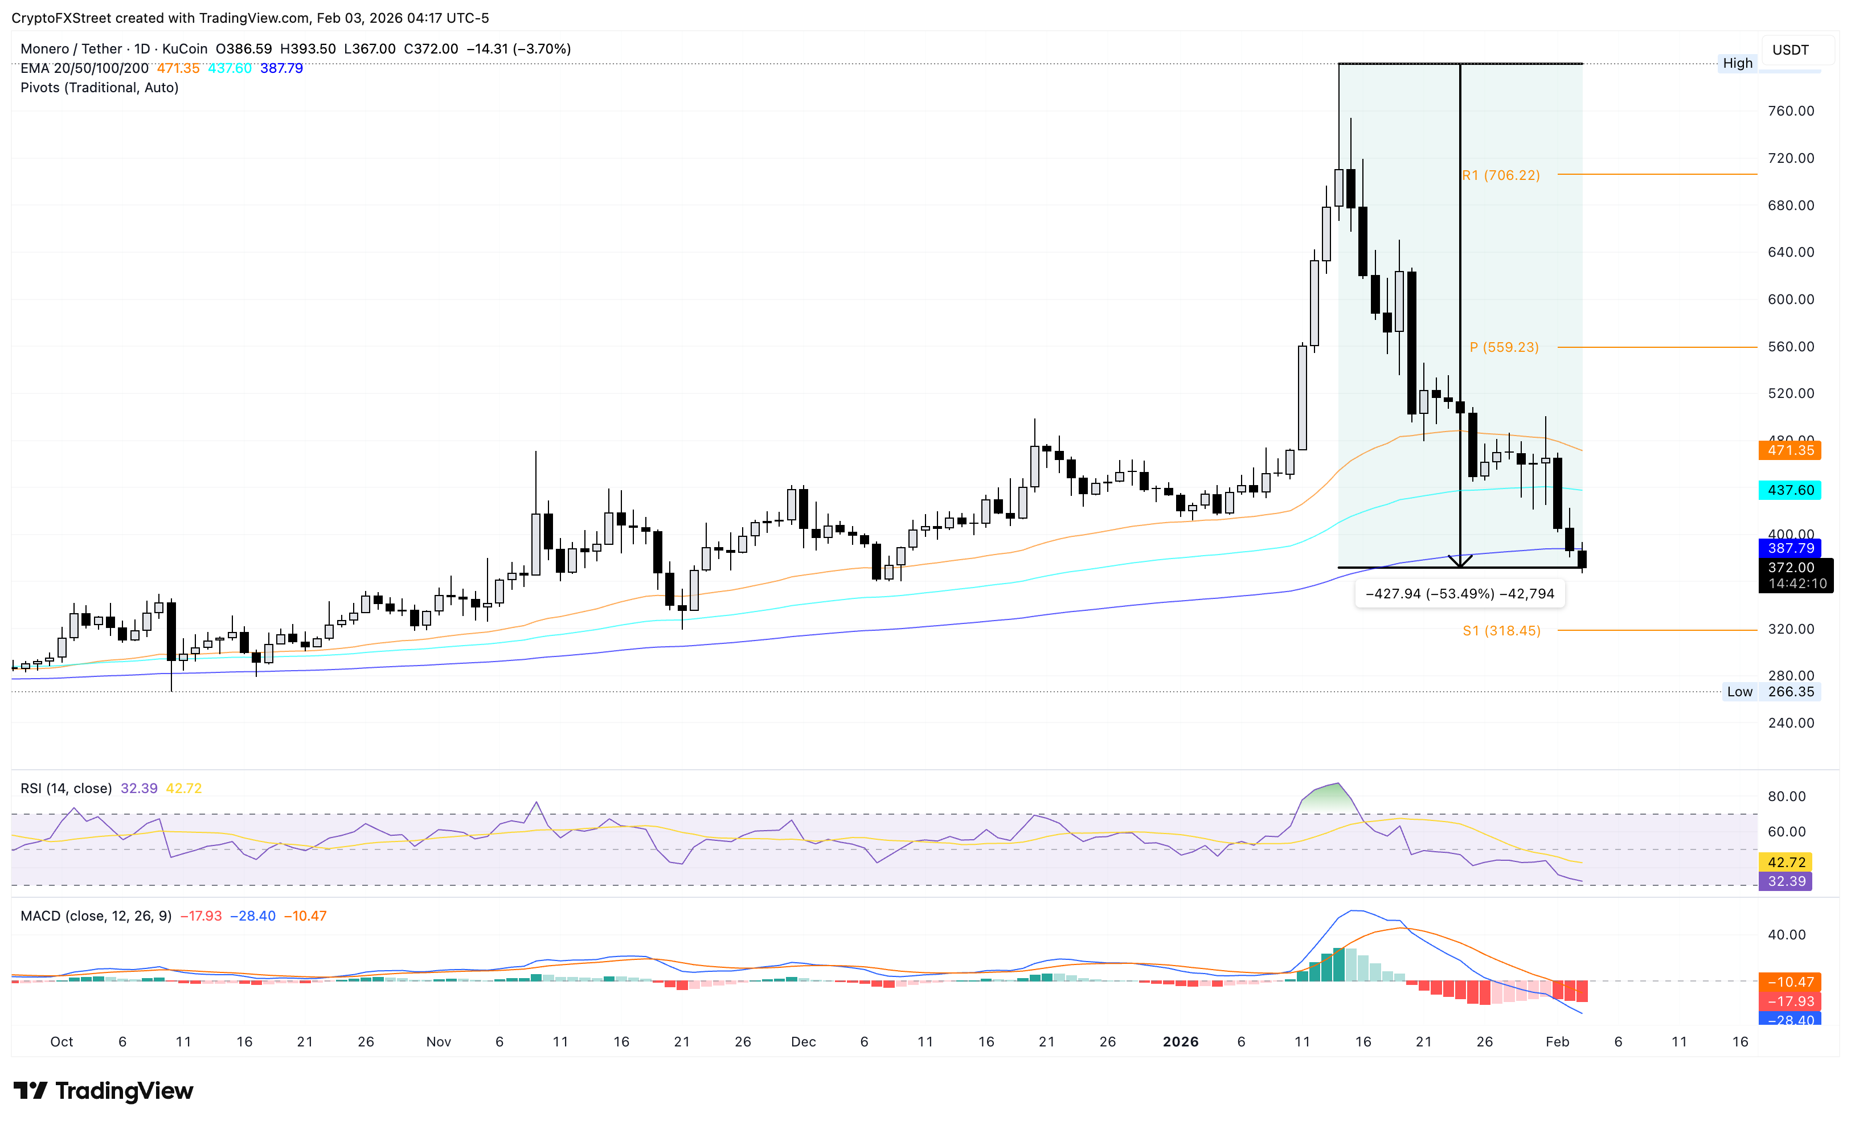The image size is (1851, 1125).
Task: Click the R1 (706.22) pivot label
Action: click(1500, 175)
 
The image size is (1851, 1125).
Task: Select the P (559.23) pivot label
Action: click(1504, 347)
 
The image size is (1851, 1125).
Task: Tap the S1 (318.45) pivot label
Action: click(1501, 631)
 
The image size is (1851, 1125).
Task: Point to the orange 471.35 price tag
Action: click(1790, 450)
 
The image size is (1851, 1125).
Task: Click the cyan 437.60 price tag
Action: click(1790, 490)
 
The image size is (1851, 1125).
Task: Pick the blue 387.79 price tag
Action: click(1790, 548)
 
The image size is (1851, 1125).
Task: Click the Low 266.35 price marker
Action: click(1771, 692)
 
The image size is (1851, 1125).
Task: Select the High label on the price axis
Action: click(1737, 63)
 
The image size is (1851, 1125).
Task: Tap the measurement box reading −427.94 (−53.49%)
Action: click(1459, 594)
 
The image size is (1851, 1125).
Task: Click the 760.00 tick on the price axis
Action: click(1790, 111)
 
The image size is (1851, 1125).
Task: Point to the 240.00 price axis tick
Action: click(1790, 723)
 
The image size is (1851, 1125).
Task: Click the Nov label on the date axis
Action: click(438, 1042)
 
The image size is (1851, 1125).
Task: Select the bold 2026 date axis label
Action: click(1180, 1042)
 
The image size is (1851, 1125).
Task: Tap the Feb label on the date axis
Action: click(1557, 1042)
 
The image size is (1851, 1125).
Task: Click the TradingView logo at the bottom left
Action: click(104, 1090)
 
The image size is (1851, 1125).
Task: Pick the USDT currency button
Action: click(1790, 50)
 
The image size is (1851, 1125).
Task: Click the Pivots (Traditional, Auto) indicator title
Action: click(99, 88)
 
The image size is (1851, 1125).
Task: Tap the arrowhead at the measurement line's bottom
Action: click(1460, 562)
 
